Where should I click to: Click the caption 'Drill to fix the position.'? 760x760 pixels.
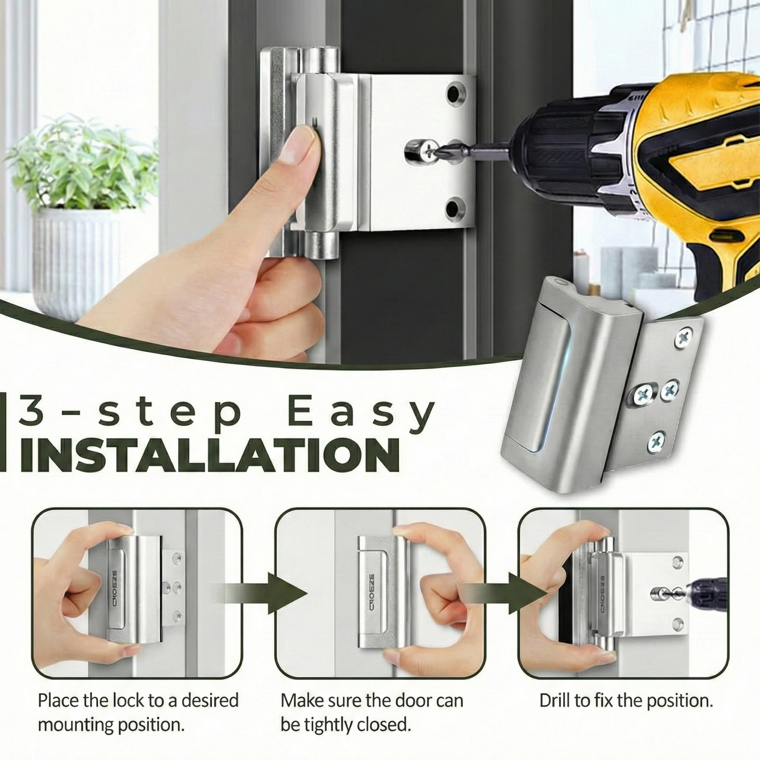pyautogui.click(x=626, y=701)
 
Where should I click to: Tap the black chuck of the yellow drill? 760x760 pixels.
pyautogui.click(x=558, y=147)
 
